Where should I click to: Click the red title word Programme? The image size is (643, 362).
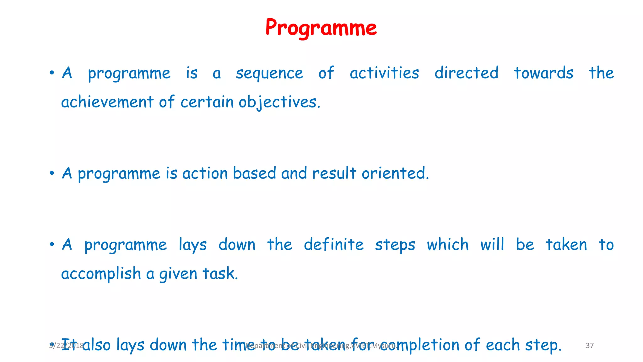tap(321, 28)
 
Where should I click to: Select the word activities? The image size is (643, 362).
tap(384, 73)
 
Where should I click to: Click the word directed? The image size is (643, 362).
tap(466, 73)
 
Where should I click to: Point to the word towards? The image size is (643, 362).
tap(543, 73)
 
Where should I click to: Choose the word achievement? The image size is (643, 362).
tap(107, 102)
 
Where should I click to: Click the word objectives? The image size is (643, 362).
tap(279, 102)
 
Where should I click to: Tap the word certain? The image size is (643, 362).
tap(207, 102)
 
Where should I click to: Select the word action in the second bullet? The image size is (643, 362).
tap(205, 173)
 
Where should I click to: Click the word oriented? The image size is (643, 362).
tap(395, 173)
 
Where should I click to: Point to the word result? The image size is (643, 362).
tap(334, 173)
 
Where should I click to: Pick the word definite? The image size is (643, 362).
tap(333, 245)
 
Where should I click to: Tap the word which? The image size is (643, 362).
tap(447, 245)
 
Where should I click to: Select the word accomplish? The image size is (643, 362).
tap(101, 274)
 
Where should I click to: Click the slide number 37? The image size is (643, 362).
tap(590, 346)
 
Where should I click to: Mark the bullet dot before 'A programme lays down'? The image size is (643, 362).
tap(52, 244)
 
